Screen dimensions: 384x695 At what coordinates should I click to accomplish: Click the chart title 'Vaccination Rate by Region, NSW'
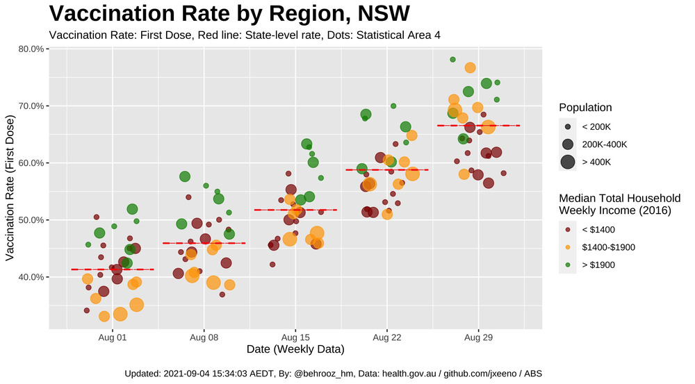pos(229,14)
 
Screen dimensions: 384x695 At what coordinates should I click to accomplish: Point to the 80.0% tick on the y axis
pos(31,49)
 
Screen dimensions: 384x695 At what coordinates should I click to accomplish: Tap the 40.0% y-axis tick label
pos(31,277)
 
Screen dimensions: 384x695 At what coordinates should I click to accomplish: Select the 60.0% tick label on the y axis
pos(31,163)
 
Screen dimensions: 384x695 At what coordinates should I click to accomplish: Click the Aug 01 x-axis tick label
pos(113,337)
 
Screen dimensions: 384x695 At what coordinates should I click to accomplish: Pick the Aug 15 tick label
pos(295,337)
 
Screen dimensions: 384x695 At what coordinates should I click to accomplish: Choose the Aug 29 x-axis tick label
pos(478,337)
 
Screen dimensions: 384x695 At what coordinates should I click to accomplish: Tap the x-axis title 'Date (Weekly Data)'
pos(295,349)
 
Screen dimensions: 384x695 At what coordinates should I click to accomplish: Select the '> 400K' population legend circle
pos(568,162)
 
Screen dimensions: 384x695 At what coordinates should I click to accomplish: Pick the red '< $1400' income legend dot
pos(568,229)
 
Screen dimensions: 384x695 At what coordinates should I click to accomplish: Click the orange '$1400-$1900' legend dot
pos(568,247)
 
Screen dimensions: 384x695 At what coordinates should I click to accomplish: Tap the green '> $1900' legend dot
pos(568,265)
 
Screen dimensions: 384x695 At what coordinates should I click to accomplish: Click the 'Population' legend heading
pos(585,108)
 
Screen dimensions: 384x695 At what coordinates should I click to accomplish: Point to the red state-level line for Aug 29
pos(478,126)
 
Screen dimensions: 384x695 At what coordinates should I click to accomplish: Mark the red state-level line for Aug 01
pos(113,269)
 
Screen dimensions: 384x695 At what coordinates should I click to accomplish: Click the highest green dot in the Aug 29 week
pos(452,60)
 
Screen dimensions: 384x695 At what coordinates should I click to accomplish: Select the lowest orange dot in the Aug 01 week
pos(104,317)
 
